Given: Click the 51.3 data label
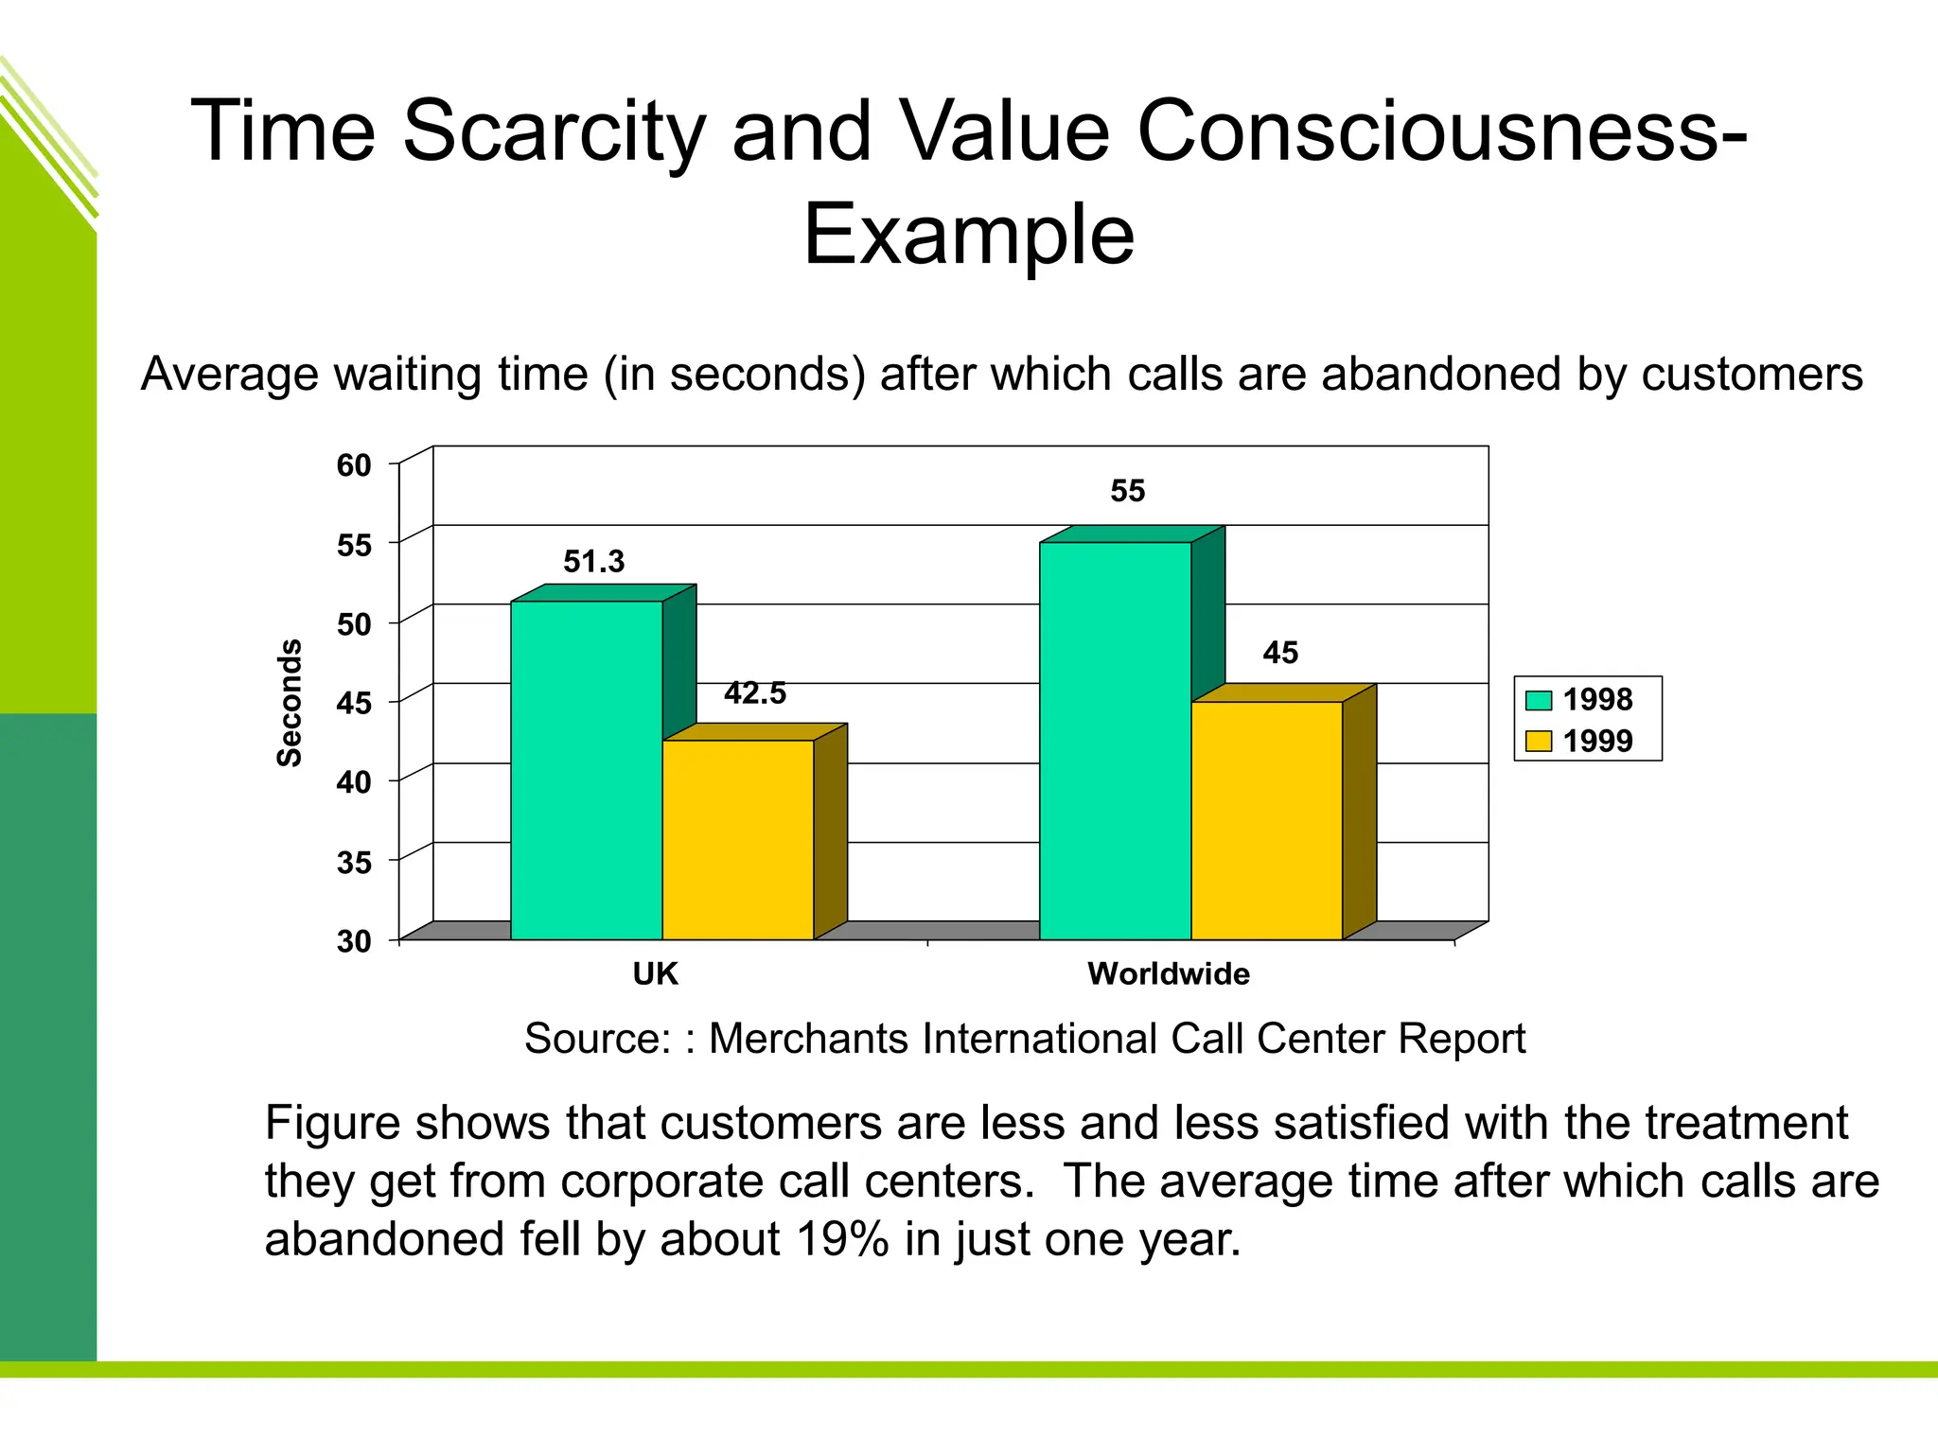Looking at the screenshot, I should coord(594,562).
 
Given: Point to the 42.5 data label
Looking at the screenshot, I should coord(755,693).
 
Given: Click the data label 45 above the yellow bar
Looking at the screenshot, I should coord(1280,653).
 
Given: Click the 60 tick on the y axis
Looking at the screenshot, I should coord(354,465).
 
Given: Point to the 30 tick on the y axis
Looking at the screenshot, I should coord(354,941).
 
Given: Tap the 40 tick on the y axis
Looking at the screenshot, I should coord(354,782).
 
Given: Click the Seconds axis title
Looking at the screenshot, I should coord(290,702).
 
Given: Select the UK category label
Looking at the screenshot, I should coord(655,973).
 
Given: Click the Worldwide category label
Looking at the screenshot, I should coord(1169,973).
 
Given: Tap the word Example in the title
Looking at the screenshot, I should coord(968,235).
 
